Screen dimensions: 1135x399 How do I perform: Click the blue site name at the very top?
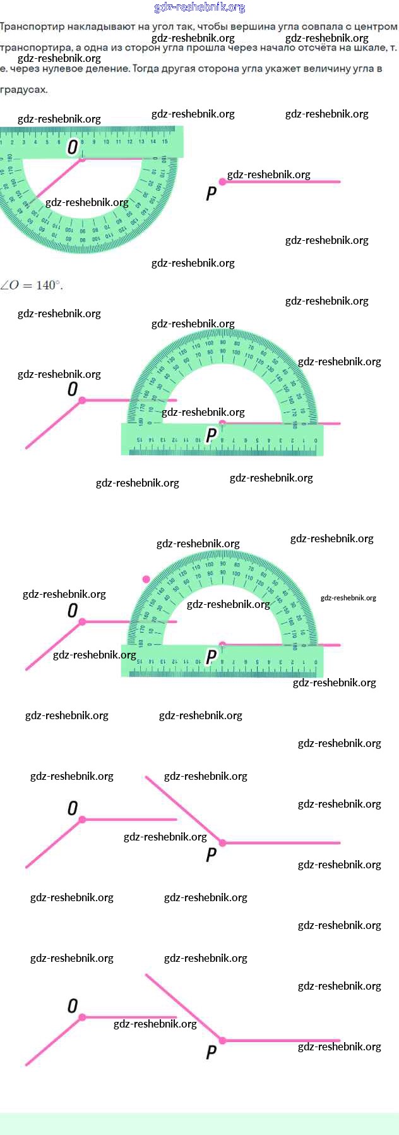click(x=199, y=8)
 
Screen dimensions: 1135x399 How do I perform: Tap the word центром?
click(x=375, y=27)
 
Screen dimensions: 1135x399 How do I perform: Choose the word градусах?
click(x=24, y=89)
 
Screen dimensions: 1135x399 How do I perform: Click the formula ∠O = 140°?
click(x=32, y=285)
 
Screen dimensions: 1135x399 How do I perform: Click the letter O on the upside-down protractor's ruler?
click(x=73, y=147)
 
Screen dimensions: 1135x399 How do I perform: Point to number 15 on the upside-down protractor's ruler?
click(x=165, y=142)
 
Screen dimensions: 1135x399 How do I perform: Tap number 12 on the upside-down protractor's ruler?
click(x=129, y=142)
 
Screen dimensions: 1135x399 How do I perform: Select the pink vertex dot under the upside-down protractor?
click(x=82, y=159)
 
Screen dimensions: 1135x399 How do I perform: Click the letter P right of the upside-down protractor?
click(x=211, y=193)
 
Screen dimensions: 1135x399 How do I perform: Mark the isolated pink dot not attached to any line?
click(x=146, y=579)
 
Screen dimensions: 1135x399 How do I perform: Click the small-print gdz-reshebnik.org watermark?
click(x=348, y=598)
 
